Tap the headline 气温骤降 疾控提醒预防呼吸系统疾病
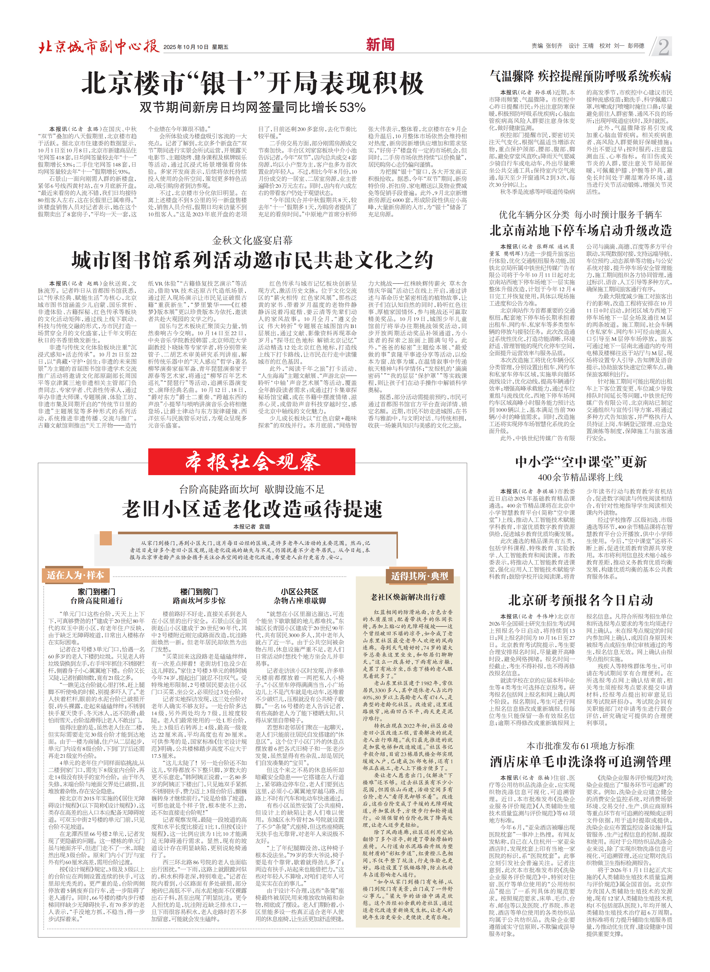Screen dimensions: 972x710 (x=580, y=77)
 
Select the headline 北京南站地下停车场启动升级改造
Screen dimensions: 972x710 (x=580, y=230)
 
